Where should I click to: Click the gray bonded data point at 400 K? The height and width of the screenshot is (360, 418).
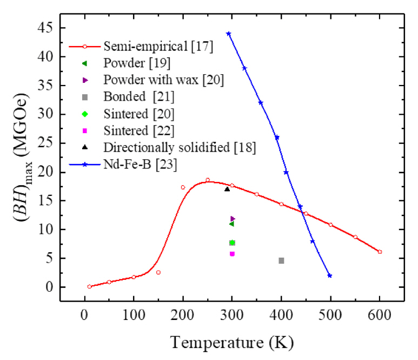[x=281, y=260]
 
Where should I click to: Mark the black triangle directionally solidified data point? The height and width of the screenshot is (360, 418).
[x=227, y=189]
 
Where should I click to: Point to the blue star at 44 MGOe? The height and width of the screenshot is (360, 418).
[x=228, y=34]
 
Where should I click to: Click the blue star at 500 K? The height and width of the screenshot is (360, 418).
[x=329, y=276]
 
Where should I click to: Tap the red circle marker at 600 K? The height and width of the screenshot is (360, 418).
[x=380, y=252]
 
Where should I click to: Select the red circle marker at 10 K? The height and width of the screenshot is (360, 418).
[x=89, y=286]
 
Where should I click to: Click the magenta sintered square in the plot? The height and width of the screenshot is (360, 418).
[x=232, y=253]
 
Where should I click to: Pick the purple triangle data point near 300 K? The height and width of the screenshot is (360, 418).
[x=233, y=219]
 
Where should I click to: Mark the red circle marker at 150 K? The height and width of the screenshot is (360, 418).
[x=158, y=272]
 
